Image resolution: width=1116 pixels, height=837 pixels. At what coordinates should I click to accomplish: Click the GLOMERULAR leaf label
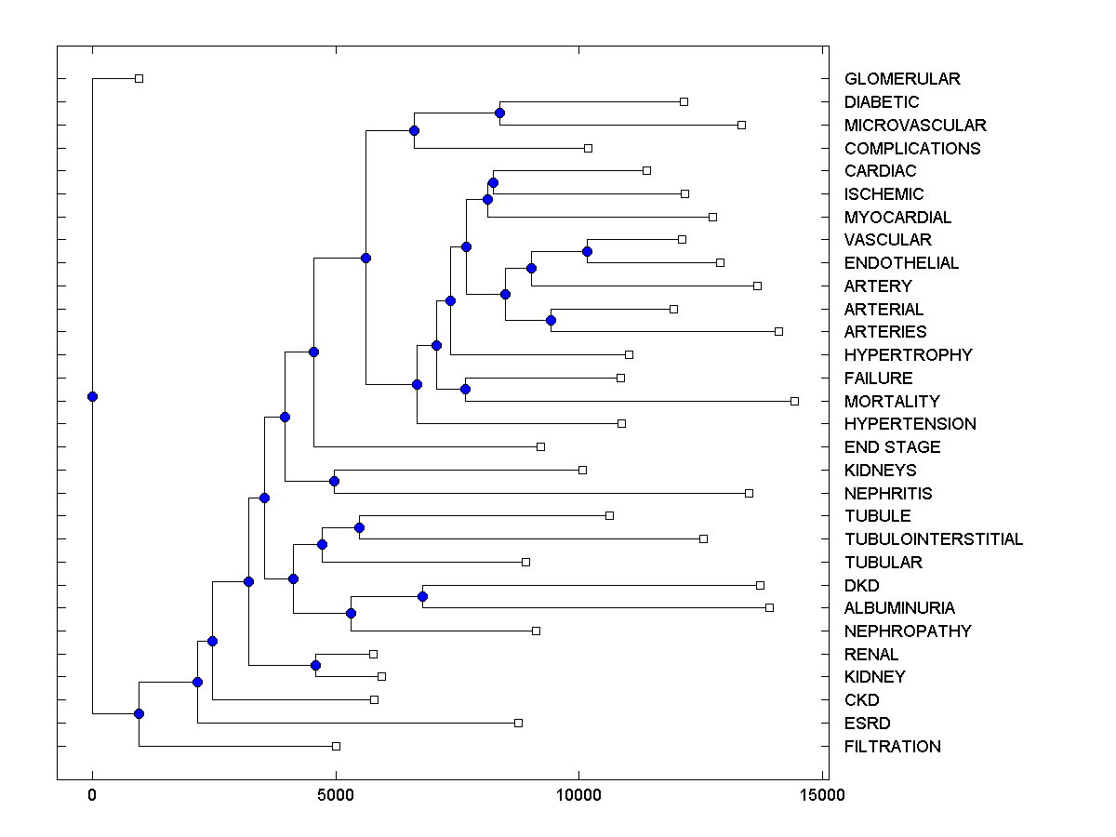(902, 79)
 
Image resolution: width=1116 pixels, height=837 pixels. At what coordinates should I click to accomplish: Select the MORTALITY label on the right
(892, 402)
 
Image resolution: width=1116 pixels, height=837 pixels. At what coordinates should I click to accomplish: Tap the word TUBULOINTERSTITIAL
(934, 539)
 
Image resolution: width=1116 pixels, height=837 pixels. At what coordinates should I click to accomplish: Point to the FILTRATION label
(892, 747)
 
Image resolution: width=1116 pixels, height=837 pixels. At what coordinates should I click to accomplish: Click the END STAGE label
(892, 447)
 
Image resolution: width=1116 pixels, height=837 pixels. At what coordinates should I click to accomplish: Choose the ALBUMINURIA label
(899, 608)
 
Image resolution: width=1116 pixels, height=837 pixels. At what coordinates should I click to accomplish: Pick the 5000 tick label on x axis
(336, 795)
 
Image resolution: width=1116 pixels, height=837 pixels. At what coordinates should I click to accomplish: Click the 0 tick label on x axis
(92, 795)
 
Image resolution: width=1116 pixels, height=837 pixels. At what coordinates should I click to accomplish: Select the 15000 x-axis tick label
(823, 795)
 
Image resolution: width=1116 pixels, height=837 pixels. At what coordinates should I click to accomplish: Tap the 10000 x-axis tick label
(579, 795)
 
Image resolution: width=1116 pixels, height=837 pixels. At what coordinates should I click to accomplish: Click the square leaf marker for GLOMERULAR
(139, 79)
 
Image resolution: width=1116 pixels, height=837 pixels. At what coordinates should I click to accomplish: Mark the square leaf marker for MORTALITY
(794, 401)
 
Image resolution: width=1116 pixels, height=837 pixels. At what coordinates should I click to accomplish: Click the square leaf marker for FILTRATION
(336, 746)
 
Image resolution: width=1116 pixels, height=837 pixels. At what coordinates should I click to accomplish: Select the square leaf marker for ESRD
(518, 723)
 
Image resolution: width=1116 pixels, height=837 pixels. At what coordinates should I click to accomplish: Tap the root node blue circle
(92, 396)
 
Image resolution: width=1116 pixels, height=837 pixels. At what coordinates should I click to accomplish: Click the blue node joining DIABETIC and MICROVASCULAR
(499, 113)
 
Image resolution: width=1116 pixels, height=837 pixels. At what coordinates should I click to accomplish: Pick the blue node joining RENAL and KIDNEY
(315, 665)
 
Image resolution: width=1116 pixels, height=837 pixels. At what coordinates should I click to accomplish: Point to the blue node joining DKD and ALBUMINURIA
(422, 596)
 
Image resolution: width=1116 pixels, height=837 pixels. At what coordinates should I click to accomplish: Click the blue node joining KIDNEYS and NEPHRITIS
(334, 481)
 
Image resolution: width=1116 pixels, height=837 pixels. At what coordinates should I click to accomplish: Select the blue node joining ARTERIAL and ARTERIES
(551, 320)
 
